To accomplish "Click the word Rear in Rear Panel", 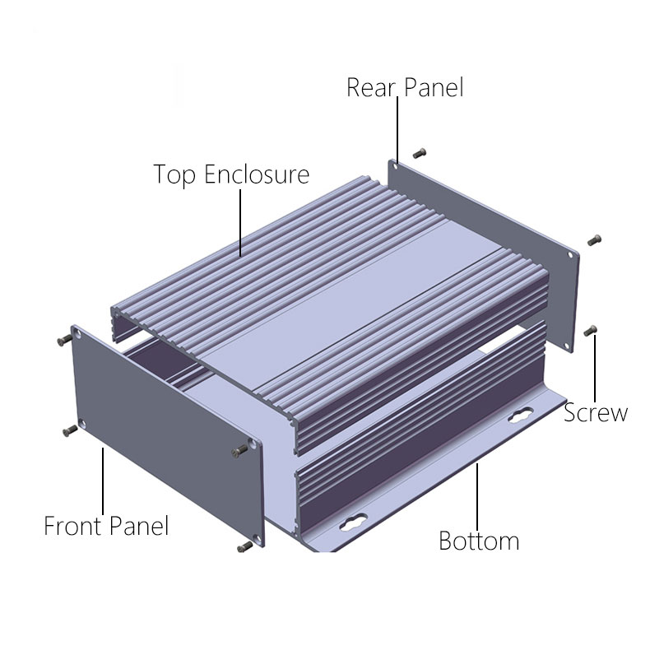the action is click(x=370, y=87).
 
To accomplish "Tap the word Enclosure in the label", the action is click(x=257, y=174).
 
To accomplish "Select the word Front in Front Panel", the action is click(x=74, y=526).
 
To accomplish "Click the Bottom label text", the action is click(x=479, y=541).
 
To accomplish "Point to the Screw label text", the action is click(x=596, y=412).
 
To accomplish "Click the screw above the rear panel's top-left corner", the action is click(x=420, y=154).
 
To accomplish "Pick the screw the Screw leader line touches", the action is click(x=590, y=331).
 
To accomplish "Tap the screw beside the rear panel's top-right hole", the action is click(x=594, y=240).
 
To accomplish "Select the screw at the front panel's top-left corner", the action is click(x=65, y=340).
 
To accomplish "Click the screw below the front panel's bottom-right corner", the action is click(x=245, y=547).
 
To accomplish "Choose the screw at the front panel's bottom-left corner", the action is click(x=70, y=430).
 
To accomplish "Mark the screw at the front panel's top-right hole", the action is click(x=239, y=450).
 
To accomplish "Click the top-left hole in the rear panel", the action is click(x=395, y=166).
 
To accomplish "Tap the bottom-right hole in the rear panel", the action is click(x=567, y=346).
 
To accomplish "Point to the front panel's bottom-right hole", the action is click(x=256, y=537).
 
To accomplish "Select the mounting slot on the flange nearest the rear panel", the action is click(x=521, y=415).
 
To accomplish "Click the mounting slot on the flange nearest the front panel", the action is click(x=354, y=523).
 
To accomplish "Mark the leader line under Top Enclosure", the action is click(x=240, y=223).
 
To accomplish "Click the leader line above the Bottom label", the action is click(x=477, y=496).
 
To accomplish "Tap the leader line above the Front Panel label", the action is click(x=103, y=481).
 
